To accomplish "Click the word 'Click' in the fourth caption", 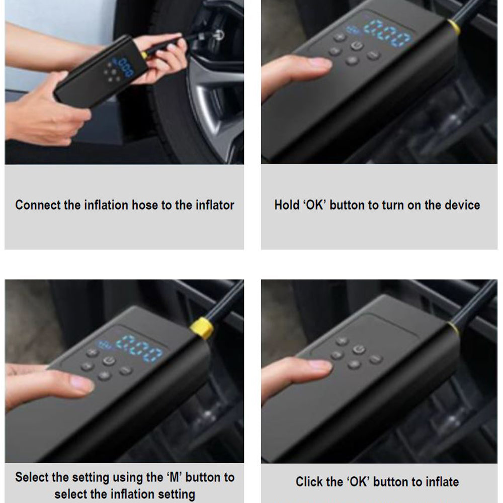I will pos(309,482).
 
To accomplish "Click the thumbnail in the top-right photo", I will pos(320,63).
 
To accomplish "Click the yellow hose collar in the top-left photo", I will pos(144,53).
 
